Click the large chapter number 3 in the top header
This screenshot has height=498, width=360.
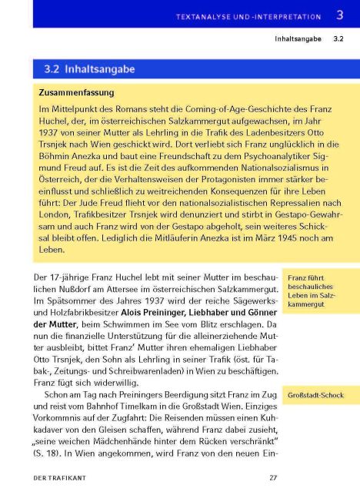(x=339, y=15)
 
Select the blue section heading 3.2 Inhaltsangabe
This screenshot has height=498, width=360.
(x=90, y=69)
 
